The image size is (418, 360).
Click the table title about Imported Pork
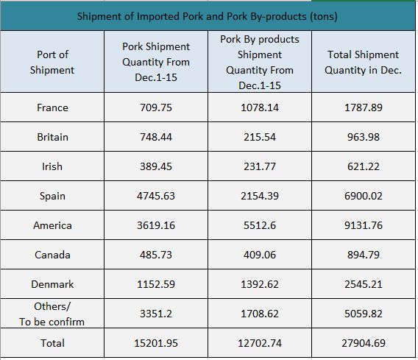pos(207,16)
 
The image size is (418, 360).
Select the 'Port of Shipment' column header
pos(52,62)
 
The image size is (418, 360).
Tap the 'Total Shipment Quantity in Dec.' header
pos(363,62)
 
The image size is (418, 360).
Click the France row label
pos(52,107)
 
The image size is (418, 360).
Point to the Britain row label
pos(52,137)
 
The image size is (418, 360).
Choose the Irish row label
pos(52,166)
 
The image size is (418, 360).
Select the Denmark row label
pos(52,284)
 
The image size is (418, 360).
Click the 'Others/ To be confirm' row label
pos(52,314)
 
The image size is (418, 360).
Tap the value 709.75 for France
pos(156,107)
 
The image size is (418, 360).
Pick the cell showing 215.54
pos(260,137)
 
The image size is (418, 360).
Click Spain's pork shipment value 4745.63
pos(156,196)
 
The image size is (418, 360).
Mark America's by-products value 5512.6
pos(260,225)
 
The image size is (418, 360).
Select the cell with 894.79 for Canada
pos(364,255)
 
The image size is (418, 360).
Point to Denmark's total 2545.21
pos(364,284)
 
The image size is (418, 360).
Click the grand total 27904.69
pos(364,343)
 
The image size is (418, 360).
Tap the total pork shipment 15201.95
pos(156,343)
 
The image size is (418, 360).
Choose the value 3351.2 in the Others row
pos(156,314)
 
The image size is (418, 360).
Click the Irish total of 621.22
pos(364,166)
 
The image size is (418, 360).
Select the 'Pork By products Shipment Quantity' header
pos(260,62)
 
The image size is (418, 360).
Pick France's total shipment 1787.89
pos(364,107)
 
